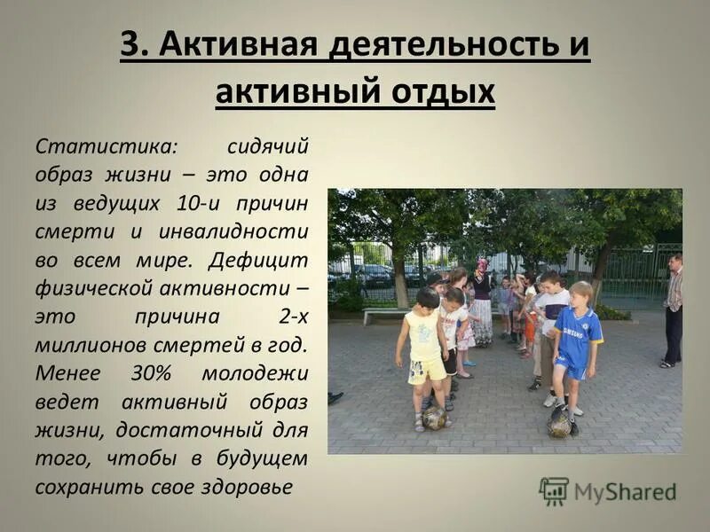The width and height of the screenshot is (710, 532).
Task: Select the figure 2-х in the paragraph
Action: click(293, 317)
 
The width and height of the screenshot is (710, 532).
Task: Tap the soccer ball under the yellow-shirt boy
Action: click(434, 418)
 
